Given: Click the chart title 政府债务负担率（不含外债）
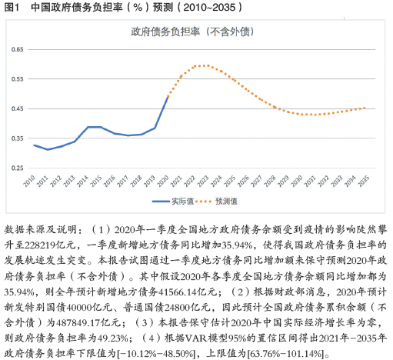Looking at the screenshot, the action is [x=192, y=32].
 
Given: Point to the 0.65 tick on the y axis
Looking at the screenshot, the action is [x=17, y=49].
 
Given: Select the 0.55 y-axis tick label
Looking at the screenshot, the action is [x=17, y=79].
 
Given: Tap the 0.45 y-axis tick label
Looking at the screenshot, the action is [x=17, y=108].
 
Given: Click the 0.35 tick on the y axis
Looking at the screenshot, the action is [x=17, y=138].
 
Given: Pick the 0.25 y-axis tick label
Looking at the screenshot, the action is [x=17, y=168].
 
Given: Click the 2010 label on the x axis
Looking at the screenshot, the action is [x=29, y=181].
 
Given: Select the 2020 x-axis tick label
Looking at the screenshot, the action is [x=163, y=181].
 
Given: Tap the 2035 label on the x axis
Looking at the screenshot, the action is [x=363, y=181].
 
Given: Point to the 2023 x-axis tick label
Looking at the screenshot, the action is [x=203, y=181].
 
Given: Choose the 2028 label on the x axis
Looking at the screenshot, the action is [x=270, y=181].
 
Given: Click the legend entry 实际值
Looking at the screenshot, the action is [x=173, y=202].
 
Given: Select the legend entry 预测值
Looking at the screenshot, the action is [x=217, y=202].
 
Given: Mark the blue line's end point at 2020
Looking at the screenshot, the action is [x=168, y=97].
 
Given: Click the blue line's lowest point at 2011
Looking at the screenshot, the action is [x=48, y=149].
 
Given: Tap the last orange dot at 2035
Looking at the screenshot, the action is [x=365, y=108].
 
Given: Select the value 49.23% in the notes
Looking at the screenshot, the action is [x=113, y=338].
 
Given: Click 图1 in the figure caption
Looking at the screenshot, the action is [x=12, y=7].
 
